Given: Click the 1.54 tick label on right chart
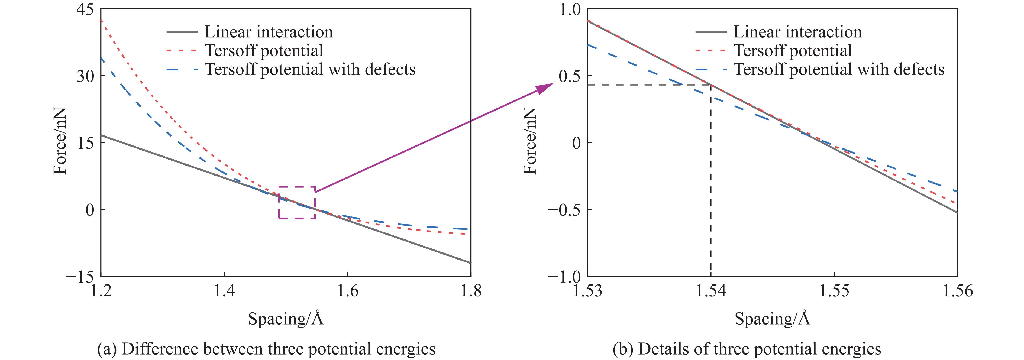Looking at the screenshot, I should [710, 291].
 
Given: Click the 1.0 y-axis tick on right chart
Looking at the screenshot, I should [571, 9].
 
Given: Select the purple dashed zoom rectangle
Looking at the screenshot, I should [297, 187].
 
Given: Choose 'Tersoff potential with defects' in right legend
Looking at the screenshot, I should [839, 70].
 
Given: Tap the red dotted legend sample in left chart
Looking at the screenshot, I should [181, 51].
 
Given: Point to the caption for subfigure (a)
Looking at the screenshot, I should [266, 349].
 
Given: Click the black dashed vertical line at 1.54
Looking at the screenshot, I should [711, 199].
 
